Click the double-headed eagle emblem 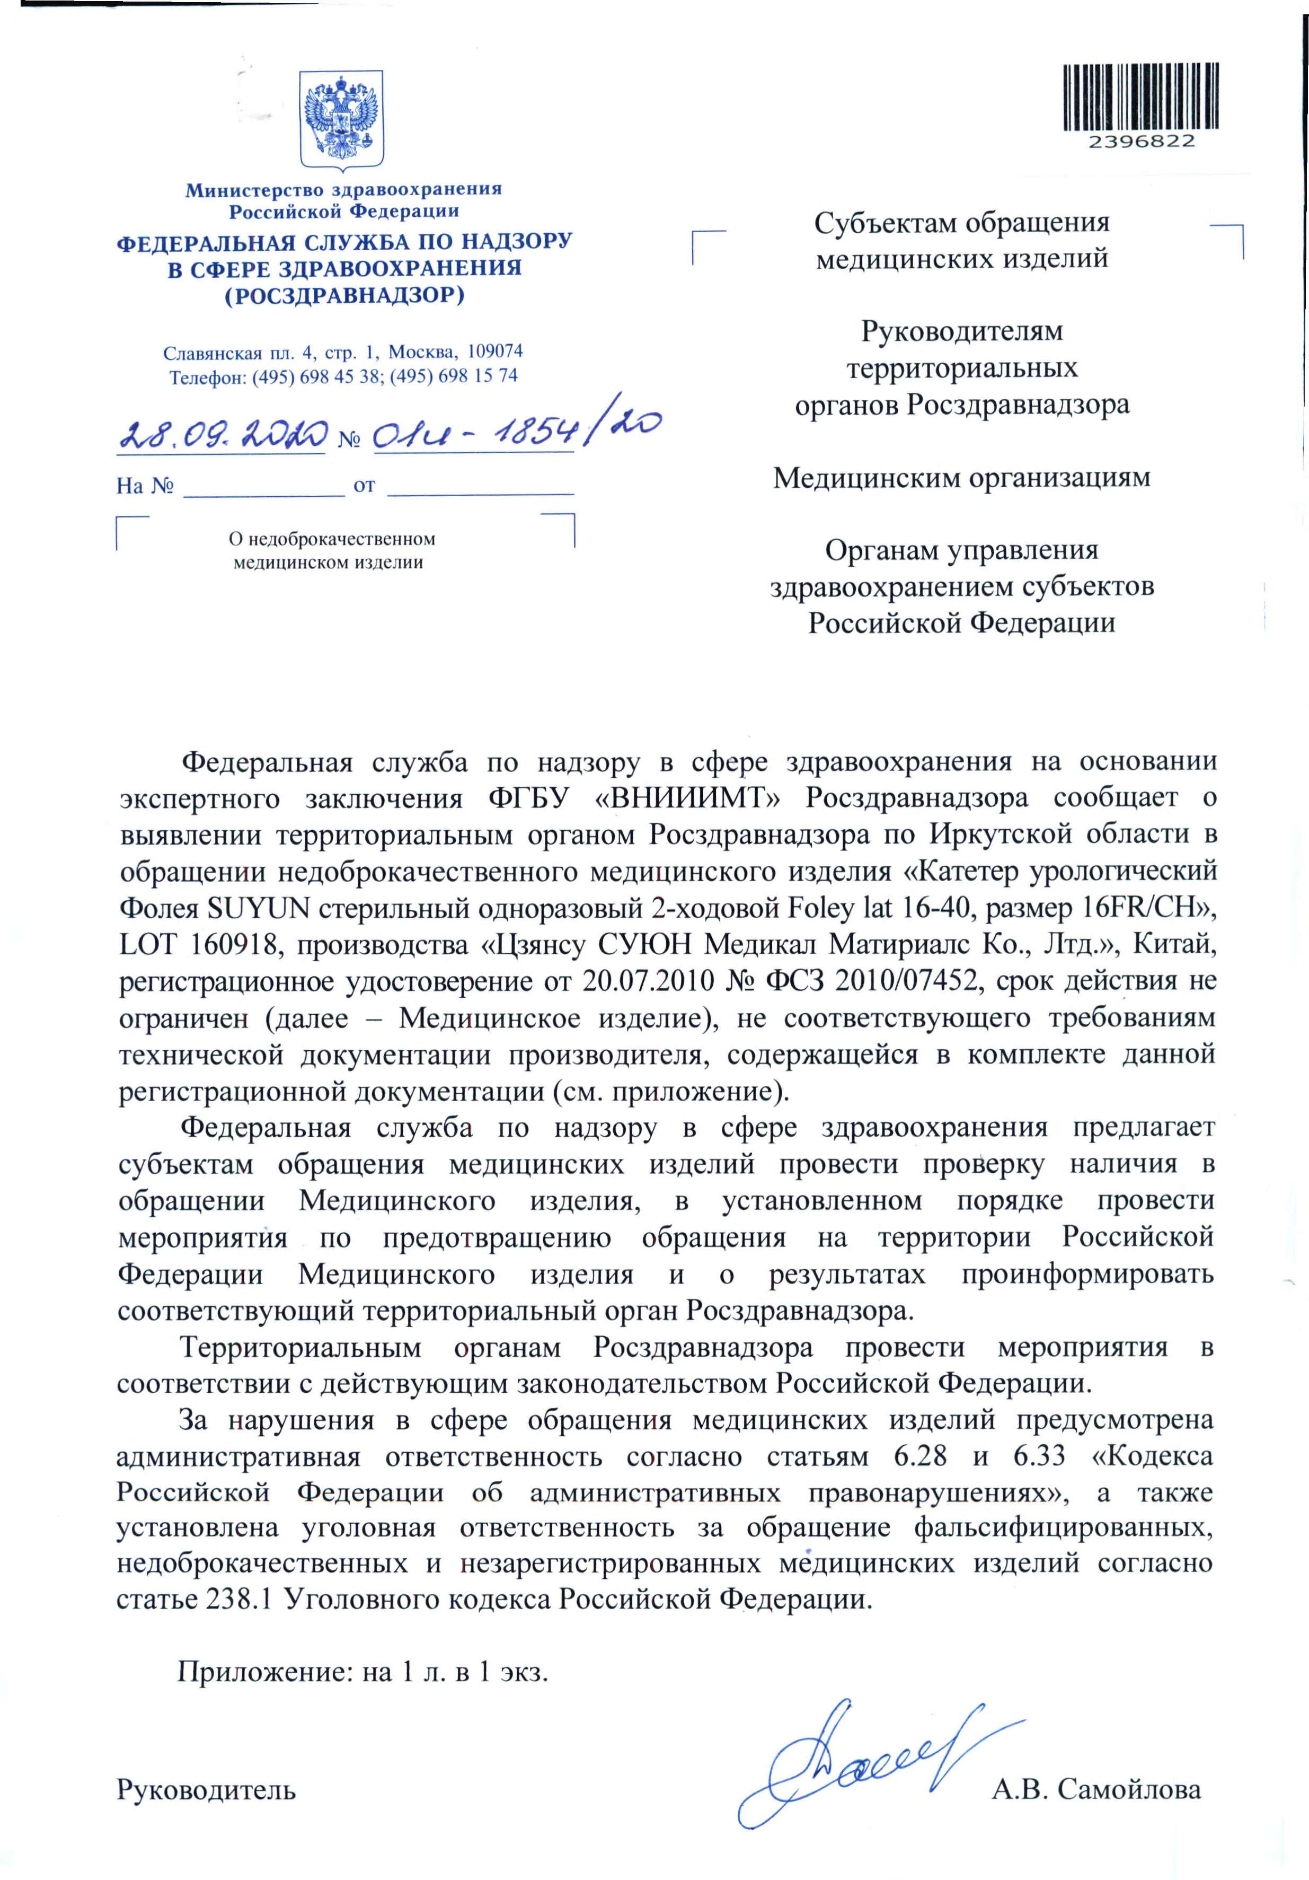(x=341, y=119)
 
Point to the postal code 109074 (x=494, y=352)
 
